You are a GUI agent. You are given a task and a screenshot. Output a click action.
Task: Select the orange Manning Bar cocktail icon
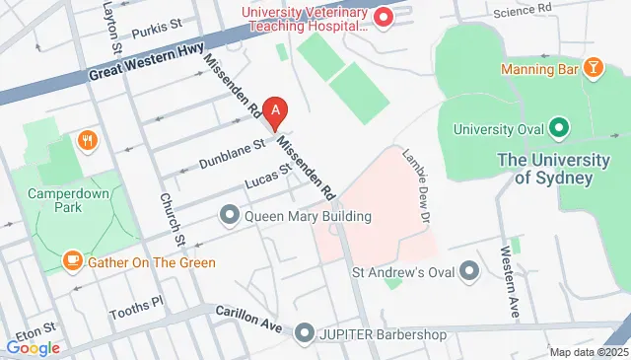594,68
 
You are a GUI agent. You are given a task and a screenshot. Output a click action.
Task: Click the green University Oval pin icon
558,128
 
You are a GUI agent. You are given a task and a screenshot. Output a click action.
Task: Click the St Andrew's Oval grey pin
469,269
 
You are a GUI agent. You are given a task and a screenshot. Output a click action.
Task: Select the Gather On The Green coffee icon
73,261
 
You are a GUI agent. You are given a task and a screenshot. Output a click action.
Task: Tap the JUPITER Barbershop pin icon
304,334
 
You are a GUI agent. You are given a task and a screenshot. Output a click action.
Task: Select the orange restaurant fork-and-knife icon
89,140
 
